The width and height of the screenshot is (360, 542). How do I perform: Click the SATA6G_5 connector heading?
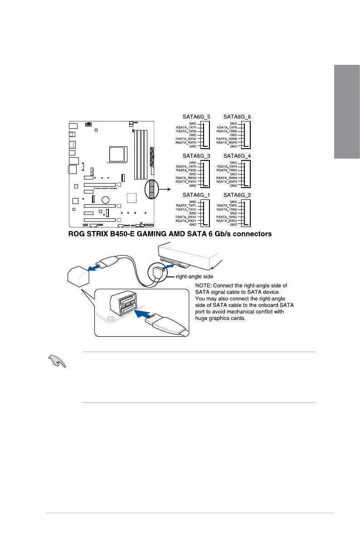(196, 116)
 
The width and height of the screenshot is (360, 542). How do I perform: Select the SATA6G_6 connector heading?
(237, 116)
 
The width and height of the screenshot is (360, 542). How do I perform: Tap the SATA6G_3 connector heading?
(196, 156)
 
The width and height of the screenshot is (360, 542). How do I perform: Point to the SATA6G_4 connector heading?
(237, 156)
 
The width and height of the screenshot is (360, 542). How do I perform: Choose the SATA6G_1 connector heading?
(196, 195)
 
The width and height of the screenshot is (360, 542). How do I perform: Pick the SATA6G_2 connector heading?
(237, 195)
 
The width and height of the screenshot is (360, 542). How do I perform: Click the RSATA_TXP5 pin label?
(186, 127)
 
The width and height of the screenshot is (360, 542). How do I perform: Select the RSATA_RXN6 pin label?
(227, 139)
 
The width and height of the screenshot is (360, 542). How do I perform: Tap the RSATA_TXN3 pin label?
(186, 170)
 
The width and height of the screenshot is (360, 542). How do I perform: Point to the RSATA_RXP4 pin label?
(227, 182)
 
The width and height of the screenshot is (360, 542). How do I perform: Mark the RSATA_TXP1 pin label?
(186, 205)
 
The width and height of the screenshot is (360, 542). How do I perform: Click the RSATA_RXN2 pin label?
(227, 217)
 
